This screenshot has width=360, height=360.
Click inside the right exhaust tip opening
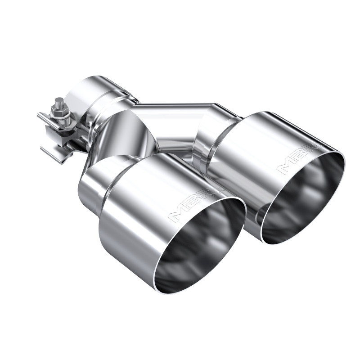[x=301, y=198]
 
